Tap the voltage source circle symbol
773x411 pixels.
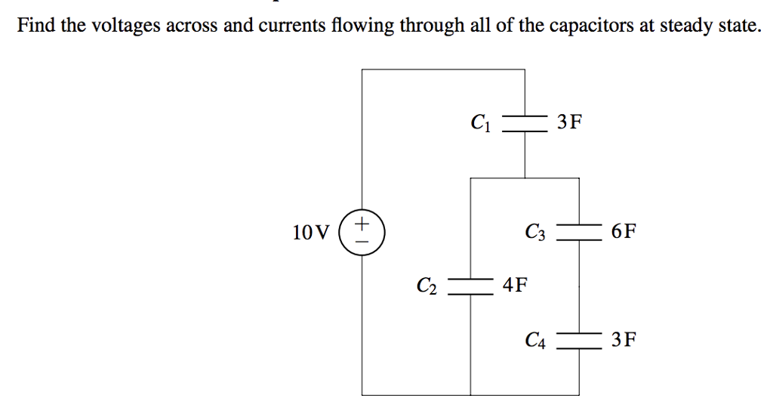362,232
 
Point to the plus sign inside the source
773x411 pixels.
363,224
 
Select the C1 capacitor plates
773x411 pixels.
525,123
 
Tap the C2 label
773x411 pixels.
427,286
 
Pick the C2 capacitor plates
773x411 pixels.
471,286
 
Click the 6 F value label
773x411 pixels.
624,231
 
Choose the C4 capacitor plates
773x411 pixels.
579,341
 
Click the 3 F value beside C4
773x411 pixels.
624,341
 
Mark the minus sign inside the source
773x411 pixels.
363,241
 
